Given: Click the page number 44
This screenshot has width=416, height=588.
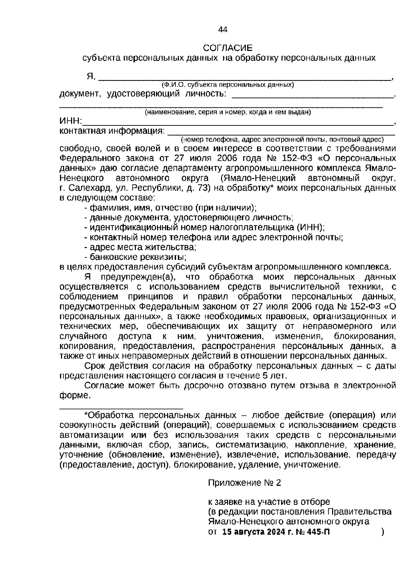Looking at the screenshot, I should pos(222,30).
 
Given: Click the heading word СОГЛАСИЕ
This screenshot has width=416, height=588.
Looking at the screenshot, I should pos(228,48).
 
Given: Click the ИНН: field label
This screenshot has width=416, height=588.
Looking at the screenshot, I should pos(70,121).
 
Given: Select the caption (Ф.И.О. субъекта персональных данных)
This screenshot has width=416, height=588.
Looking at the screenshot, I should pos(227,85).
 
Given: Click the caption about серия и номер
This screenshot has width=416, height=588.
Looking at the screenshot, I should pos(227,112).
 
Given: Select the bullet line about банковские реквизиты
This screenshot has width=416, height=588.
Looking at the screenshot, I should pos(136,257).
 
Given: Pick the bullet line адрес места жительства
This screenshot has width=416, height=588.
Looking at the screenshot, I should pos(140,247).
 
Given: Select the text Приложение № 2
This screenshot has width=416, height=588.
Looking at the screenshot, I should pos(244,483).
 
